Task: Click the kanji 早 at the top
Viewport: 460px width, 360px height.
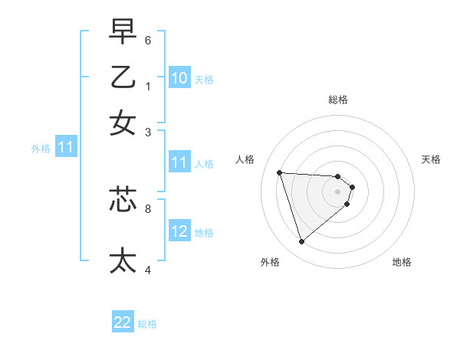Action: click(123, 33)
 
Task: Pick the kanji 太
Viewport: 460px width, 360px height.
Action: click(123, 260)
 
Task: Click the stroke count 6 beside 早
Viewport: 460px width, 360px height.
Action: click(148, 40)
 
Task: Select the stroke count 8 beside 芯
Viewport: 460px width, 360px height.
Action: click(148, 207)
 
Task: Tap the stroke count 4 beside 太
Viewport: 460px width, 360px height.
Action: click(148, 269)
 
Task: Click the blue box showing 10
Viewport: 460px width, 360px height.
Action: click(179, 78)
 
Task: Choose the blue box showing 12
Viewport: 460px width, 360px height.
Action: click(179, 231)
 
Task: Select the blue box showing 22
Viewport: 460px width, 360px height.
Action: click(123, 323)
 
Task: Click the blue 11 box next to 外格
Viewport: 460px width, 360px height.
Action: click(65, 148)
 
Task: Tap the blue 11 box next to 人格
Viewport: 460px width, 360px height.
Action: click(179, 162)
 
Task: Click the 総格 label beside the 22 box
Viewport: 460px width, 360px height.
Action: click(147, 324)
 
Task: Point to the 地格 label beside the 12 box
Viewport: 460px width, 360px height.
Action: click(204, 232)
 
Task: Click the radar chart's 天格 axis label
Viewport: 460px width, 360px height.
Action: click(431, 159)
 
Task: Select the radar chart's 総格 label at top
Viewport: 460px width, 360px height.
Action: click(337, 100)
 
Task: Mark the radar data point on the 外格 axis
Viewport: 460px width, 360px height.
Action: click(301, 242)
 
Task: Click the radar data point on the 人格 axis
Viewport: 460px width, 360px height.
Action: click(280, 172)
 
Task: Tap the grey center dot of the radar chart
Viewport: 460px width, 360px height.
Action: click(337, 191)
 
